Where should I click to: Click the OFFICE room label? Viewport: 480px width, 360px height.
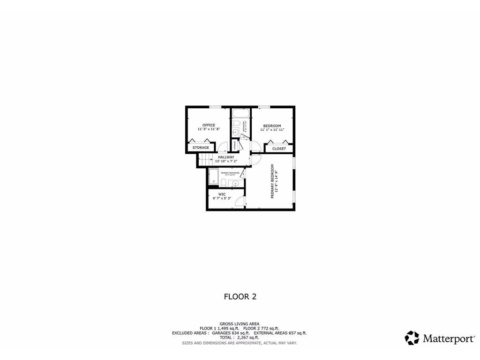click(209, 125)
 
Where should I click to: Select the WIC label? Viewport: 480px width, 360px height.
click(222, 194)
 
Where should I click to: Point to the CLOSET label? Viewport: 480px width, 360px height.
click(279, 149)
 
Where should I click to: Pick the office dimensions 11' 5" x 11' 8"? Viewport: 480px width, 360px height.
click(209, 129)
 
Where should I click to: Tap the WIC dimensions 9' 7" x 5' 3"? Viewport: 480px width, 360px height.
click(222, 198)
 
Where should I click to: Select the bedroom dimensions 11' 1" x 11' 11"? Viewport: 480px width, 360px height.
click(272, 129)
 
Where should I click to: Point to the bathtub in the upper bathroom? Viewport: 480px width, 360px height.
click(240, 113)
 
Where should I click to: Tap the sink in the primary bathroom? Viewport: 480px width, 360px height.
click(236, 183)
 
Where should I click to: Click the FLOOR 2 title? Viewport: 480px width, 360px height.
click(240, 296)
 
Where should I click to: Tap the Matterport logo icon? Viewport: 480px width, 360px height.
click(412, 338)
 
